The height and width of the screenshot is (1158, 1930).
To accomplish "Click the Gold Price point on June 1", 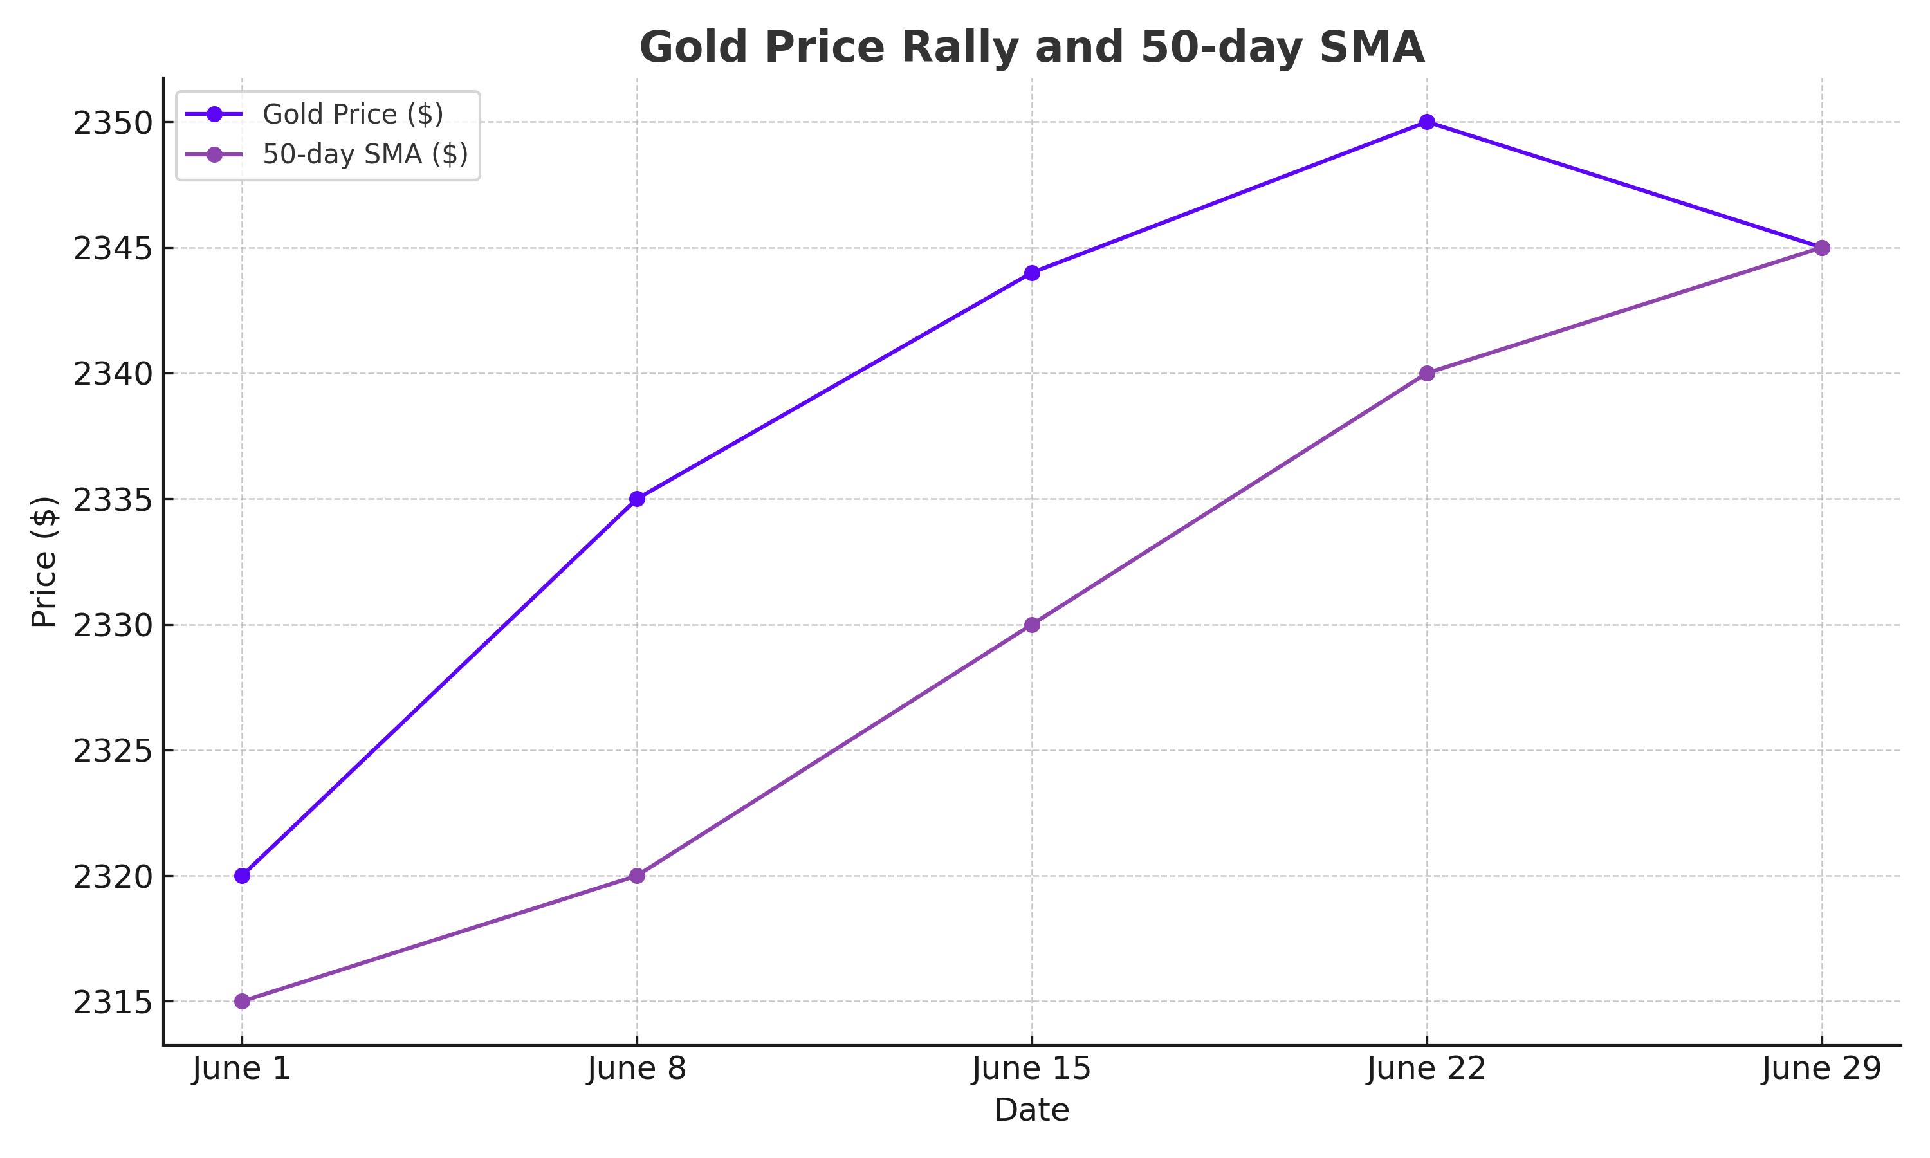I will pos(242,876).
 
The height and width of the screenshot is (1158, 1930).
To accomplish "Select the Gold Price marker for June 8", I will pos(636,499).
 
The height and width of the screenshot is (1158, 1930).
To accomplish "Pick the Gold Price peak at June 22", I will pos(1427,122).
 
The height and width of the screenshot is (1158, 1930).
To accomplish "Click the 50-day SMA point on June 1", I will pos(242,1001).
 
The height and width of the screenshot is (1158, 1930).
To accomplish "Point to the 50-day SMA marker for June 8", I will pos(636,876).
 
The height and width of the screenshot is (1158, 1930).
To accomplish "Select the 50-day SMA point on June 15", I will pos(1032,624).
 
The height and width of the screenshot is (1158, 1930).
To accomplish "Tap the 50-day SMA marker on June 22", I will pos(1427,373).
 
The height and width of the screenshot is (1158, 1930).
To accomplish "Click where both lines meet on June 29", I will pos(1821,248).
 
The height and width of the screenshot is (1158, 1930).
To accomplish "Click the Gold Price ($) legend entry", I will pos(353,115).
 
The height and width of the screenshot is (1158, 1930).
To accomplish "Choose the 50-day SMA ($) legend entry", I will pos(365,154).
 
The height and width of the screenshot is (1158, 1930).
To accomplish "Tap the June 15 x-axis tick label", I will pos(1032,1069).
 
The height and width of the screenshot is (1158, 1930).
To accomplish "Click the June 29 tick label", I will pos(1821,1069).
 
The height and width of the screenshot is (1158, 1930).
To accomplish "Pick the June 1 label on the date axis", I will pos(242,1069).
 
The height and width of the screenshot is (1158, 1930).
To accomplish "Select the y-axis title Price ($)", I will pos(44,561).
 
